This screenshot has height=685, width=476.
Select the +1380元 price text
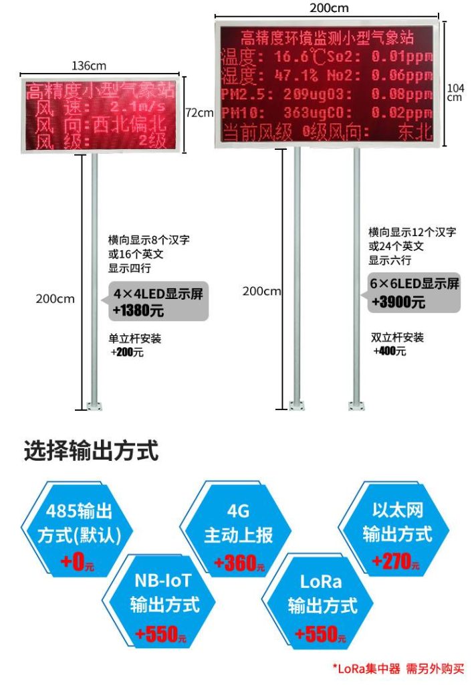pos(138,311)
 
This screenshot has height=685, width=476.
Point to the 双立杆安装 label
pos(397,338)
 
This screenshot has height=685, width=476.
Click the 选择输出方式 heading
pos(91,451)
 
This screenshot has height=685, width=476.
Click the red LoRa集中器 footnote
pos(398,668)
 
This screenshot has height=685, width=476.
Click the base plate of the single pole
pos(94,405)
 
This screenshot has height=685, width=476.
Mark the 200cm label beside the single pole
pos(55,298)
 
